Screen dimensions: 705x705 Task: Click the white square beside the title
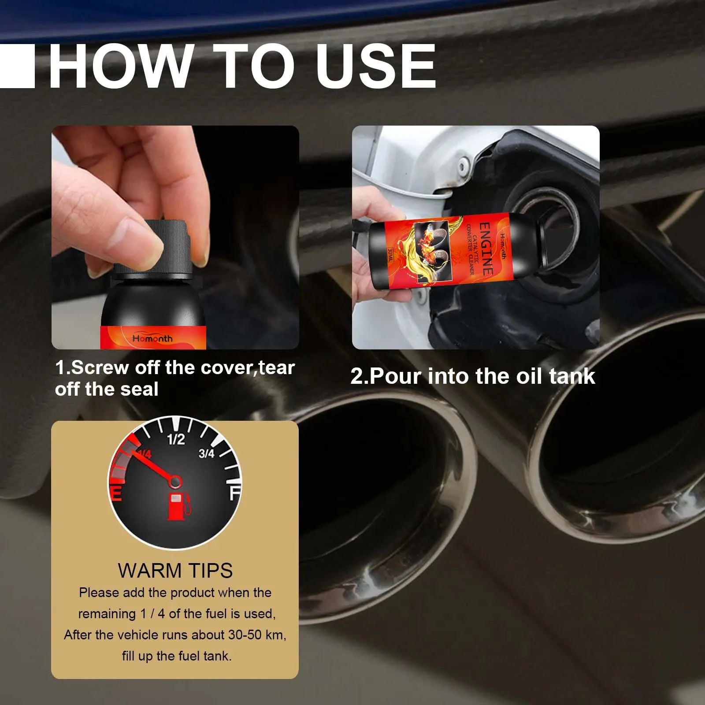17,66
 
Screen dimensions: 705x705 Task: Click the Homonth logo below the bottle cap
152,338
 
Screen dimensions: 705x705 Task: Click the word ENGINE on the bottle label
485,249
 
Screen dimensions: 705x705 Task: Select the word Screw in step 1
100,367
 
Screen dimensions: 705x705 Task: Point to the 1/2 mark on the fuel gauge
176,439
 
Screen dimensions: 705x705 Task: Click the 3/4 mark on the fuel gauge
206,453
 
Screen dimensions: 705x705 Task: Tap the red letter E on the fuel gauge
115,493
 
